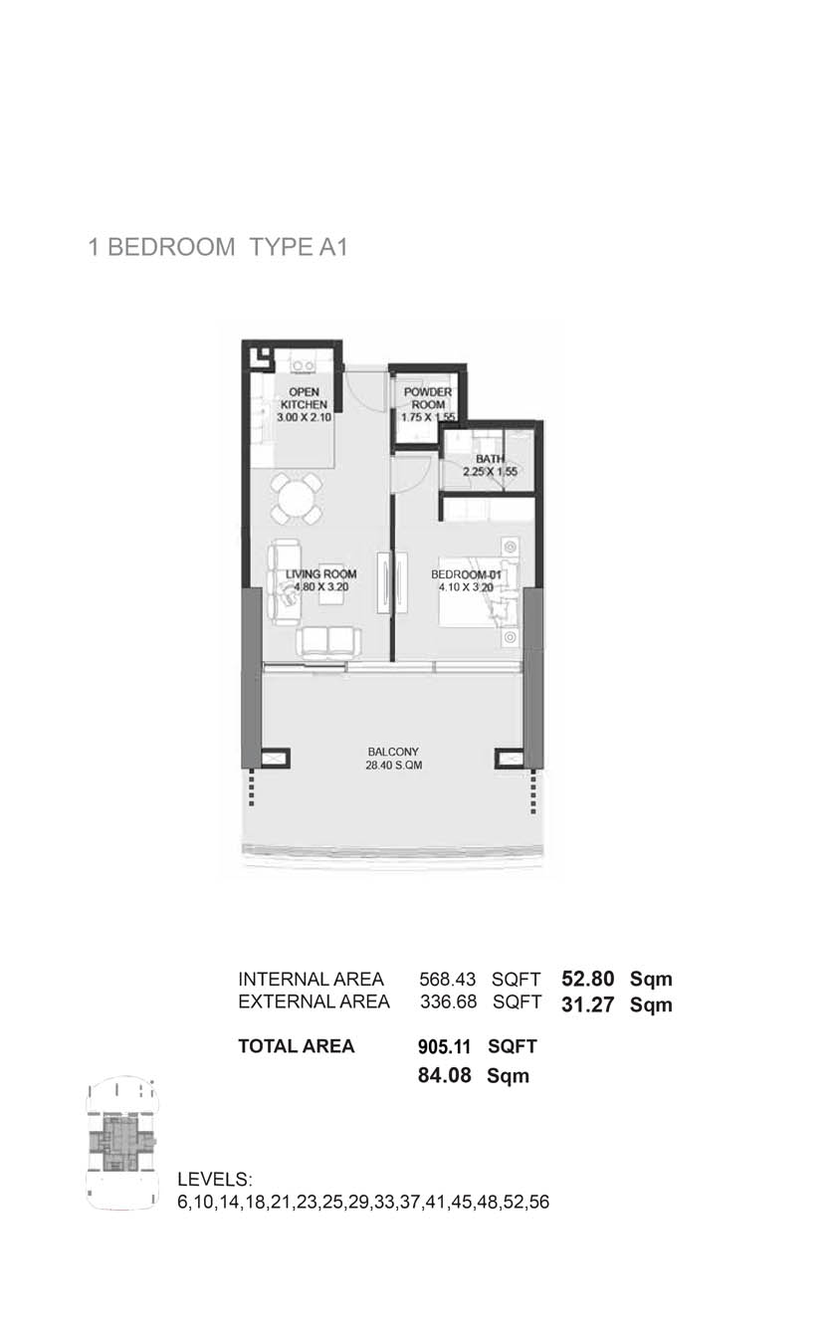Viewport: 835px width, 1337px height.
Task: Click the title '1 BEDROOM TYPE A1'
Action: point(217,248)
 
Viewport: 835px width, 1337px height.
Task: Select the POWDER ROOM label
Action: point(428,399)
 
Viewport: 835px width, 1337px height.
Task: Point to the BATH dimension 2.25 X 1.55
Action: point(491,472)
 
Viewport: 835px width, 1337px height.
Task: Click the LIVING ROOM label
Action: point(320,574)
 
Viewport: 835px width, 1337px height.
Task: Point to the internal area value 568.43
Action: point(448,980)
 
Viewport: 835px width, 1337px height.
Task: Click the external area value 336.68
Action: point(448,1002)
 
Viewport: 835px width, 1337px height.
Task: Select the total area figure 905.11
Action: point(443,1046)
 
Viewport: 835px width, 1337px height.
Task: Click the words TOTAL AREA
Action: point(297,1046)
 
